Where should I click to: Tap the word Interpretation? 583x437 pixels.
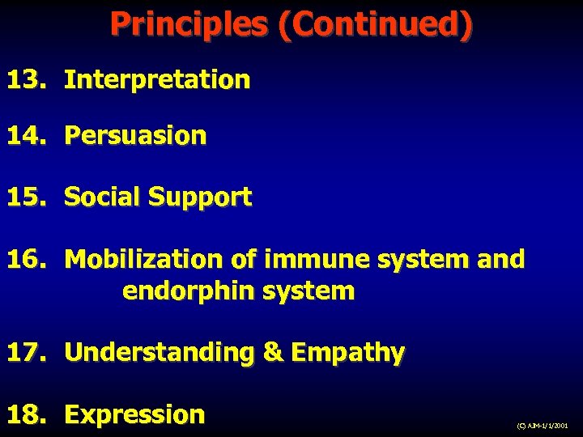(157, 79)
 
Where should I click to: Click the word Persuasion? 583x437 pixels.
(135, 135)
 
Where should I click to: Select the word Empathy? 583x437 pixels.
(347, 354)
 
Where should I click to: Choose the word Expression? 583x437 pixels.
(134, 415)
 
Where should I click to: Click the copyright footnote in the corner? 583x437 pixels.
(543, 425)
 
